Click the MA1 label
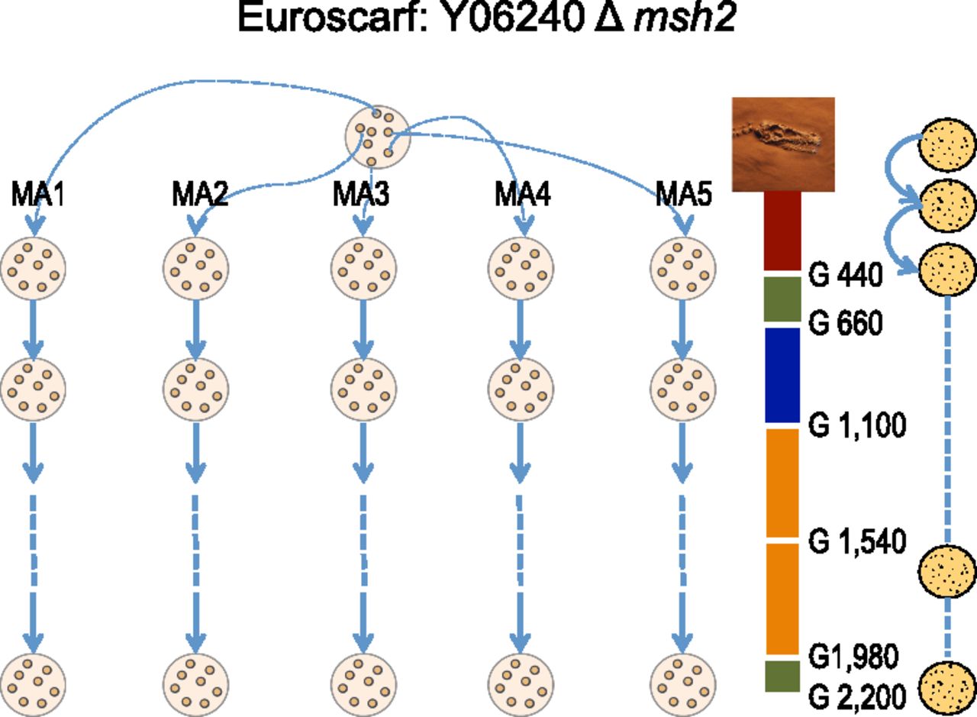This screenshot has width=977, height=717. click(x=37, y=195)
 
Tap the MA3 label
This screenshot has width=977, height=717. click(x=361, y=195)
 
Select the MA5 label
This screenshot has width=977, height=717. click(x=683, y=195)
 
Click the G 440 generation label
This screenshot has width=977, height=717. click(x=845, y=276)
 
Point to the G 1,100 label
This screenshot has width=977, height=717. click(x=856, y=425)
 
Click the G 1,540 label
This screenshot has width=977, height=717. click(x=856, y=541)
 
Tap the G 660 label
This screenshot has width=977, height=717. click(x=845, y=324)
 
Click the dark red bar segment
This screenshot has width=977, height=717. click(x=782, y=230)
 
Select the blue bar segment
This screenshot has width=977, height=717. click(x=782, y=374)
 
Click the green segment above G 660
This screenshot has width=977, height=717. click(x=782, y=299)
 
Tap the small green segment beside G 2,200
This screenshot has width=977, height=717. click(x=782, y=676)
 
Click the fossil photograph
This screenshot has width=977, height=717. click(x=783, y=144)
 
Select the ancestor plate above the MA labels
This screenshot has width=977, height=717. click(x=378, y=136)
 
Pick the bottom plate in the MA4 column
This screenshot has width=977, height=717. click(x=521, y=683)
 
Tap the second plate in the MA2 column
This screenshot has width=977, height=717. click(x=195, y=389)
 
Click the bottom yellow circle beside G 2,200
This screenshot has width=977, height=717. click(x=947, y=688)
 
